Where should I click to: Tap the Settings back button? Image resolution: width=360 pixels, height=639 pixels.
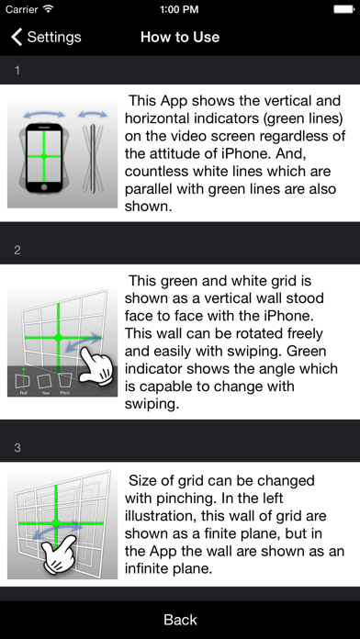point(46,37)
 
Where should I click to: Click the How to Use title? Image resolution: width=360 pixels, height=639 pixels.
point(180,37)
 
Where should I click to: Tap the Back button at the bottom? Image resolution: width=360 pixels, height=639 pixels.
point(180,620)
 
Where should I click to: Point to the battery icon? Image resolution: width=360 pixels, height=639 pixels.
point(344,9)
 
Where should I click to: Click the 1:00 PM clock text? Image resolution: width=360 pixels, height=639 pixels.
point(180,9)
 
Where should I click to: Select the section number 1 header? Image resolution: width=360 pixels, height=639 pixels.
point(17,71)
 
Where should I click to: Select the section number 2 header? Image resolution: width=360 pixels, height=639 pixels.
point(17,251)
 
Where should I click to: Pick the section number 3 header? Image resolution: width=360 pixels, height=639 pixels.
point(17,448)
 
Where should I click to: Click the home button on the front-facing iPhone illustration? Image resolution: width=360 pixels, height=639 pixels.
point(44,187)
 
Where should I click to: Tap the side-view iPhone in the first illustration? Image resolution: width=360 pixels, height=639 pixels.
point(93,158)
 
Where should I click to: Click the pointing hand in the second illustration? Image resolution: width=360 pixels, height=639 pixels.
point(96,364)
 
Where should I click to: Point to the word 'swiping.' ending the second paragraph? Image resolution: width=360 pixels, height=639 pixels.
point(152,405)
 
